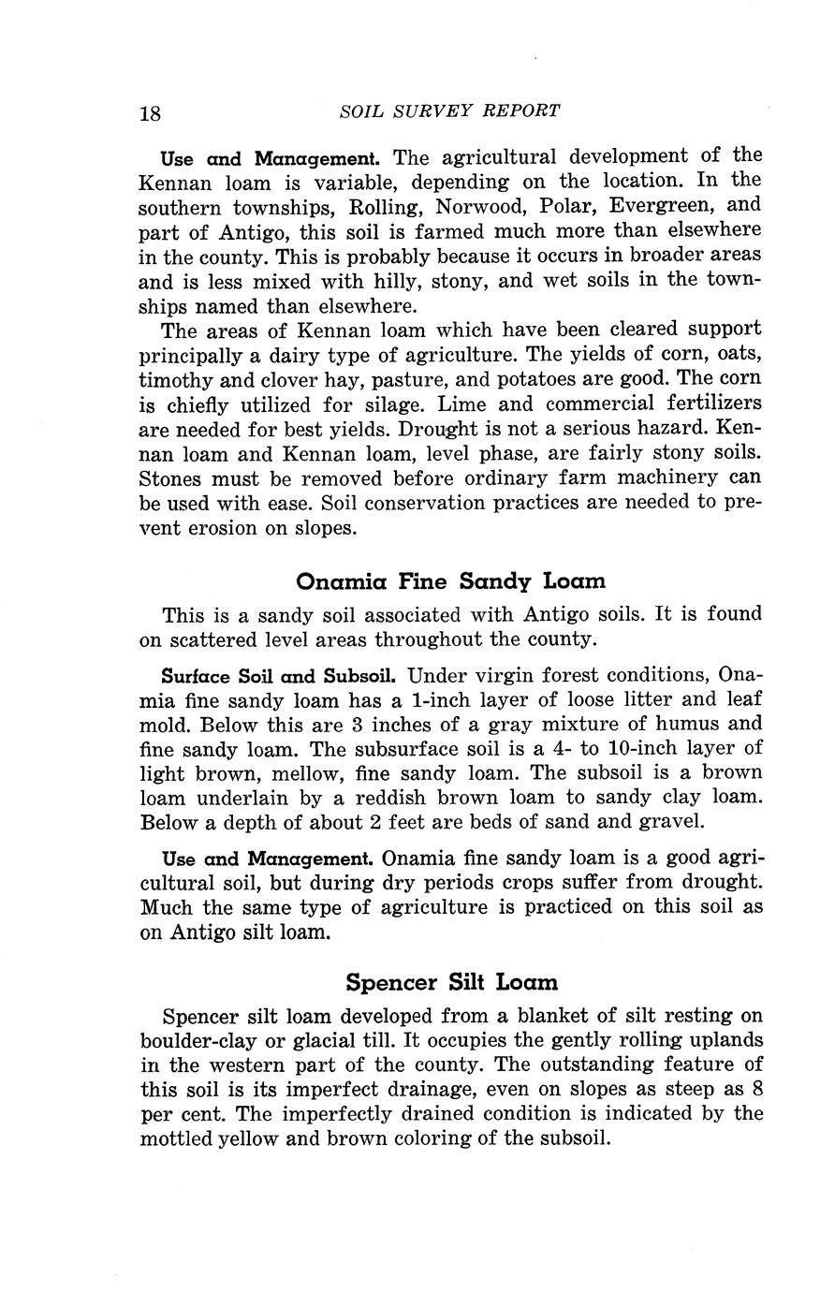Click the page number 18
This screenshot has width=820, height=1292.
[x=151, y=113]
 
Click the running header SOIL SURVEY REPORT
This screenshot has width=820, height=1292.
[x=450, y=110]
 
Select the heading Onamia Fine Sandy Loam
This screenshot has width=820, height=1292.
[x=450, y=581]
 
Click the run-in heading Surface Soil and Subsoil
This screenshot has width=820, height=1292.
[x=281, y=675]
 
